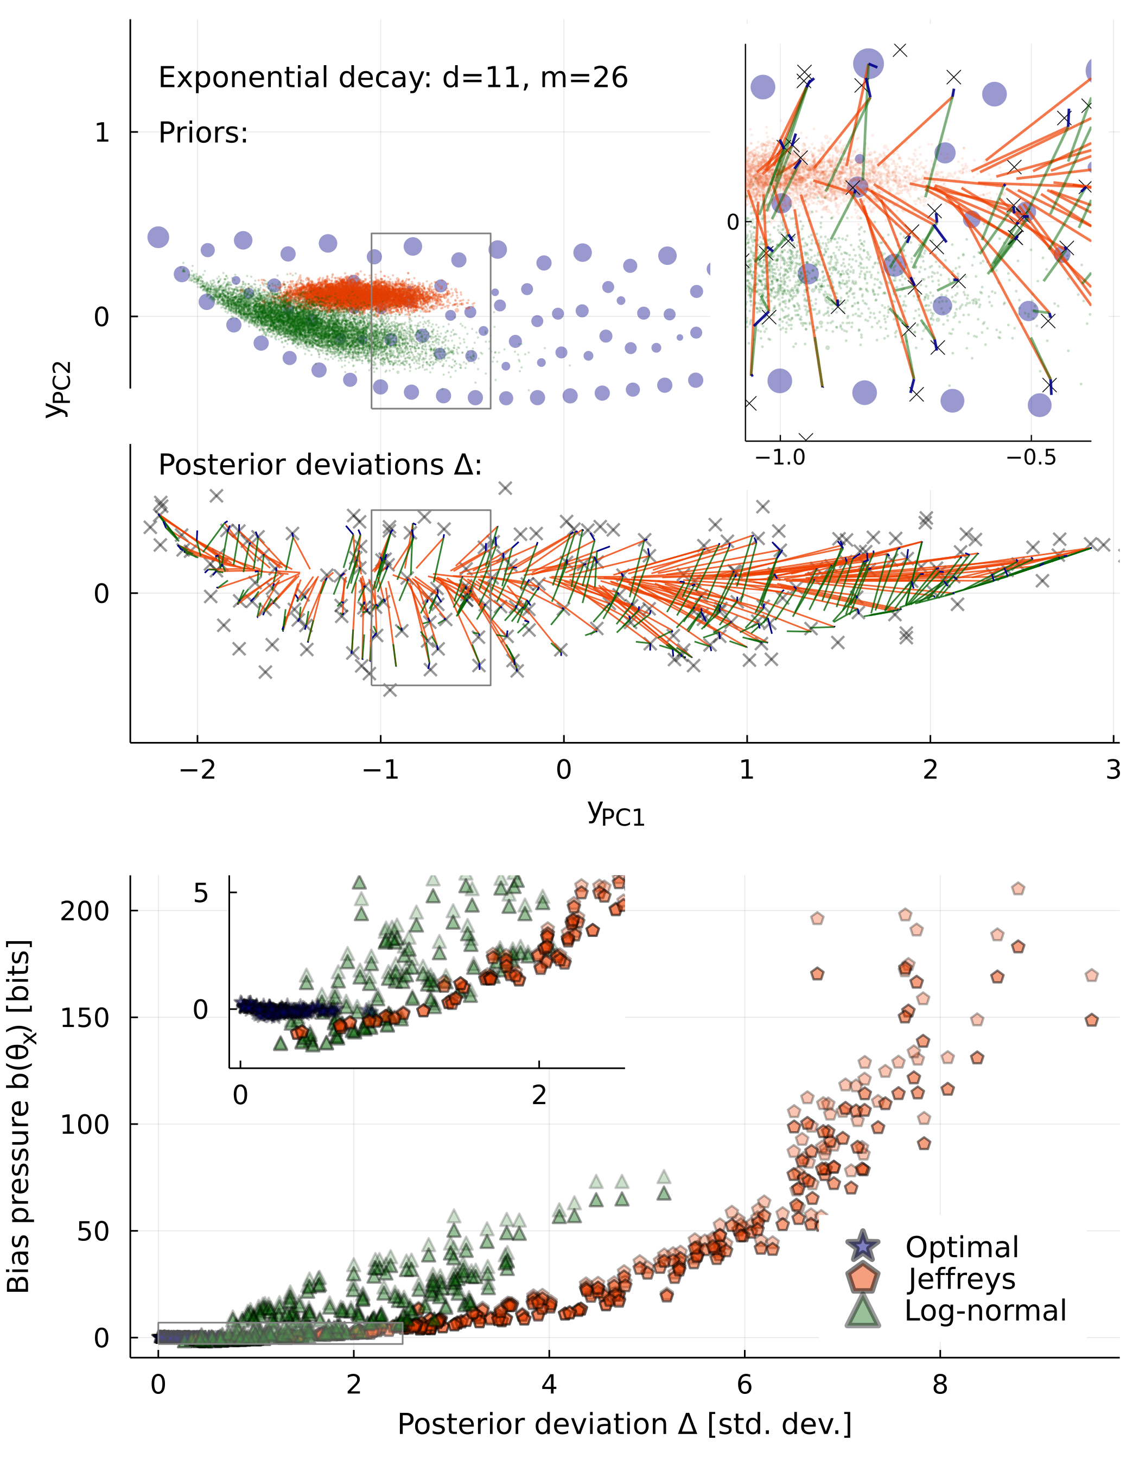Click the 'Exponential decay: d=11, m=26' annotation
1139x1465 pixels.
393,78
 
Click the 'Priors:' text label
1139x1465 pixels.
203,134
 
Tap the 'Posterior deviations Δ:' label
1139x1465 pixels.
320,465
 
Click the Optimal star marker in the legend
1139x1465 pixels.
863,1247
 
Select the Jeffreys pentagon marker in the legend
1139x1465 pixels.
863,1278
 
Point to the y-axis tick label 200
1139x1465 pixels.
85,911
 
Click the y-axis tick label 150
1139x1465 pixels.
85,1018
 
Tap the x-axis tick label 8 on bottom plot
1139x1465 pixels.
940,1384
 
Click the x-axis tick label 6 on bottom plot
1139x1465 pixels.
745,1384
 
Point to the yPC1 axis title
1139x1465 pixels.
616,813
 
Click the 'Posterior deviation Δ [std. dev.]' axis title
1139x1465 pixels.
625,1425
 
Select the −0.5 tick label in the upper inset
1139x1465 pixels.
1031,458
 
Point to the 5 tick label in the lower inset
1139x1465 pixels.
201,893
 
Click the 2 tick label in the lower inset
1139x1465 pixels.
539,1096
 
